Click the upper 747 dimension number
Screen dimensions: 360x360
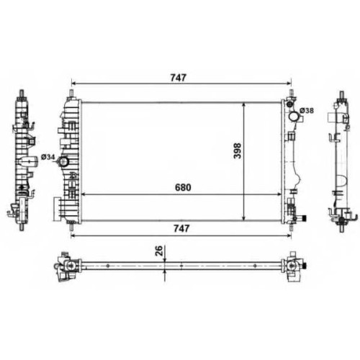[x=178, y=78]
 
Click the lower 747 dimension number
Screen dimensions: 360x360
[x=181, y=228]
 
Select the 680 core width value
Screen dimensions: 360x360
[x=183, y=187]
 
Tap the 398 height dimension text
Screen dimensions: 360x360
[x=238, y=150]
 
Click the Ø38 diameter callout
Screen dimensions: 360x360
[x=307, y=111]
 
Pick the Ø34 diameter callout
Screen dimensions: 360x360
[x=48, y=157]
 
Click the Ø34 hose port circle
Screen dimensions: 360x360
[x=63, y=162]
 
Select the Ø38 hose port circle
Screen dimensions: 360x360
[x=293, y=117]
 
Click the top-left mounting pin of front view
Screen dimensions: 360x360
[x=71, y=94]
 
